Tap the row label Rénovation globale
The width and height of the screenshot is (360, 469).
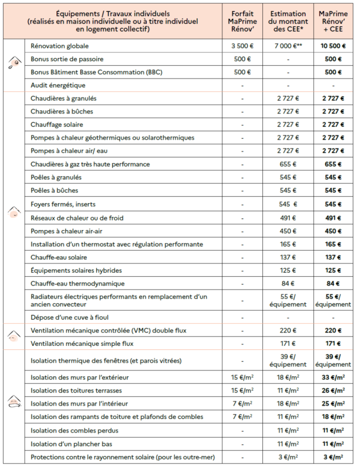coord(60,46)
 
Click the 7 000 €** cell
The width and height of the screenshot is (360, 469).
coord(288,46)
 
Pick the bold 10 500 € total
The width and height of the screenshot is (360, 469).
coord(333,46)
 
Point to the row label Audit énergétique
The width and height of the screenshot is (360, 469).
coord(58,85)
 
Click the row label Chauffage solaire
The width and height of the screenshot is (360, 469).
coord(57,125)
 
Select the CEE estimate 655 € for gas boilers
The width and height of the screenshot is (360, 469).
coord(288,164)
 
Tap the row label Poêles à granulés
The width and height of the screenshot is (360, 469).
coord(56,177)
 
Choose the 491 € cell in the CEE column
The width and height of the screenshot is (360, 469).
coord(288,218)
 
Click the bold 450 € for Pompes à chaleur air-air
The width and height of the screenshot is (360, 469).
coord(333,231)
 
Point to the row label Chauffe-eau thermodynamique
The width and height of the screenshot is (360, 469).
coord(77,283)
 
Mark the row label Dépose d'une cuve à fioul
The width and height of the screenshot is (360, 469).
coord(70,317)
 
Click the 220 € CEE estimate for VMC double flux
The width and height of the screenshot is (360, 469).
coord(288,331)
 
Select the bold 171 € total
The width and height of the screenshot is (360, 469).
coord(333,344)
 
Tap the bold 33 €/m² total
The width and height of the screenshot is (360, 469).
coord(333,377)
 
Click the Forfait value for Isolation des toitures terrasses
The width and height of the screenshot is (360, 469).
coord(243,391)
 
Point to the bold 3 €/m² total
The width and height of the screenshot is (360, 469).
coord(333,457)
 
